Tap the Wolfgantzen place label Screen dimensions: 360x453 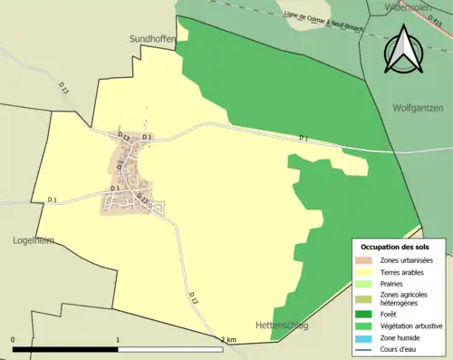pyautogui.click(x=419, y=107)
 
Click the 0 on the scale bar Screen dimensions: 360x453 pyautogui.click(x=14, y=339)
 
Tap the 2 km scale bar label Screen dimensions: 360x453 pyautogui.click(x=227, y=339)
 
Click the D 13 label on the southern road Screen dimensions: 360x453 pyautogui.click(x=194, y=297)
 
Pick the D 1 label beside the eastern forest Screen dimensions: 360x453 pyautogui.click(x=304, y=138)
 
